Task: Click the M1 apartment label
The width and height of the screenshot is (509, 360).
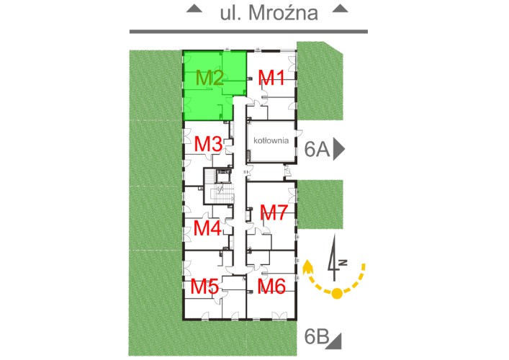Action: click(x=271, y=78)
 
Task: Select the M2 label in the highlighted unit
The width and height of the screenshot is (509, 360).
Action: click(x=210, y=78)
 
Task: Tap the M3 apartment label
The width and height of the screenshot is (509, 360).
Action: click(x=208, y=144)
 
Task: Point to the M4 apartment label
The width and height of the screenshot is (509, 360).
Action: click(x=207, y=228)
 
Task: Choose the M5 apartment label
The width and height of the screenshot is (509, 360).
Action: click(x=204, y=287)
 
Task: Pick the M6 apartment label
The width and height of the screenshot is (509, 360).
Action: click(x=271, y=287)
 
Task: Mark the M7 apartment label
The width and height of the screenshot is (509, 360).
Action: click(x=274, y=212)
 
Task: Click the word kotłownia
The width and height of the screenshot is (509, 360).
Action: click(x=271, y=140)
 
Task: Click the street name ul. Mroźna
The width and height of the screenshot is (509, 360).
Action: click(x=269, y=13)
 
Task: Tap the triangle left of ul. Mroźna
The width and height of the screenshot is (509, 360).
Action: click(x=194, y=9)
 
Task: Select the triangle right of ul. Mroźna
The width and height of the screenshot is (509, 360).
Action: click(x=341, y=9)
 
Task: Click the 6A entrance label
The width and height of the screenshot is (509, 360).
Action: click(x=317, y=150)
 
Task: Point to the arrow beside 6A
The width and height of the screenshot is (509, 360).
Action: click(x=339, y=150)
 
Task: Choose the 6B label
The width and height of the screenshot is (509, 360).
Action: click(x=317, y=337)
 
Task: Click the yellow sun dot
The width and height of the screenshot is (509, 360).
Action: click(x=337, y=293)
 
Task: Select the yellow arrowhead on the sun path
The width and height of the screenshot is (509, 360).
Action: click(x=307, y=268)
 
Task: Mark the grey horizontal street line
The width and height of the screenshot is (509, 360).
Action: click(x=248, y=32)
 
